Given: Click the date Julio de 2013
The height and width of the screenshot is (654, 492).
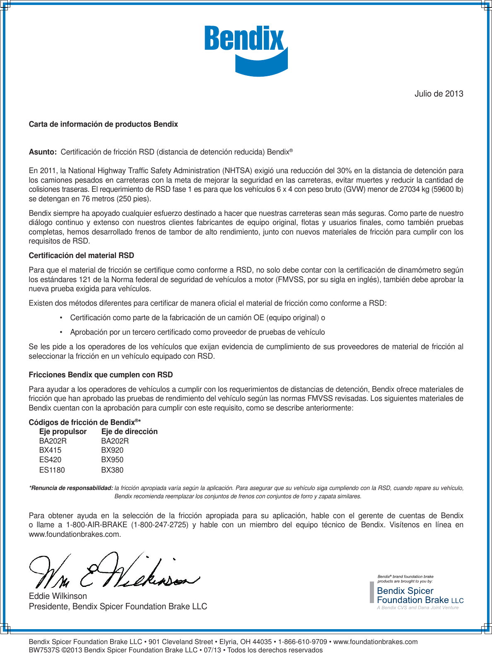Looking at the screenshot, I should [439, 94].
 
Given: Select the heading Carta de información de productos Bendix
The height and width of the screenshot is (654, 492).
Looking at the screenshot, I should [103, 124].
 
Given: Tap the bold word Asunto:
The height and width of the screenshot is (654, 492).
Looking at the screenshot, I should [43, 152].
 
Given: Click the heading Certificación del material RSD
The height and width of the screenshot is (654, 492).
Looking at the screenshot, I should [81, 256].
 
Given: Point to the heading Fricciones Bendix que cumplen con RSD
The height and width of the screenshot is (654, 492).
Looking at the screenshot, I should [101, 375].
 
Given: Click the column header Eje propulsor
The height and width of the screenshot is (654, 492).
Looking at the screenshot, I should [63, 432].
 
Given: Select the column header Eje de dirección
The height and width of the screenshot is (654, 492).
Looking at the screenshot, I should [129, 432].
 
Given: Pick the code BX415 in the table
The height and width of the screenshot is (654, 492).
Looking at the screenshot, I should [50, 450].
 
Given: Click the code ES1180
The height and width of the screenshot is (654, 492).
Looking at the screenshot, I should [52, 470].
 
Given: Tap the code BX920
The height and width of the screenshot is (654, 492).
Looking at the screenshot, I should [112, 450].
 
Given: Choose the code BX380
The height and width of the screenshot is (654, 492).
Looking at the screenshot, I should [112, 470].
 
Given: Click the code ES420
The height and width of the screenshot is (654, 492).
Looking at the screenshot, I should [50, 460].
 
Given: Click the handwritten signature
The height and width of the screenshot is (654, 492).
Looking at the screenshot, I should [112, 572].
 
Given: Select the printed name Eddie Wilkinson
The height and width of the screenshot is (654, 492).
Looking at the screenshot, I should [58, 596].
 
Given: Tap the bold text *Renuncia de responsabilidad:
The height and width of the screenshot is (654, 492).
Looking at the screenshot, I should [71, 488].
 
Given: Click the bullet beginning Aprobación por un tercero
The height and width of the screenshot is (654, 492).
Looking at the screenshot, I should [197, 332].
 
